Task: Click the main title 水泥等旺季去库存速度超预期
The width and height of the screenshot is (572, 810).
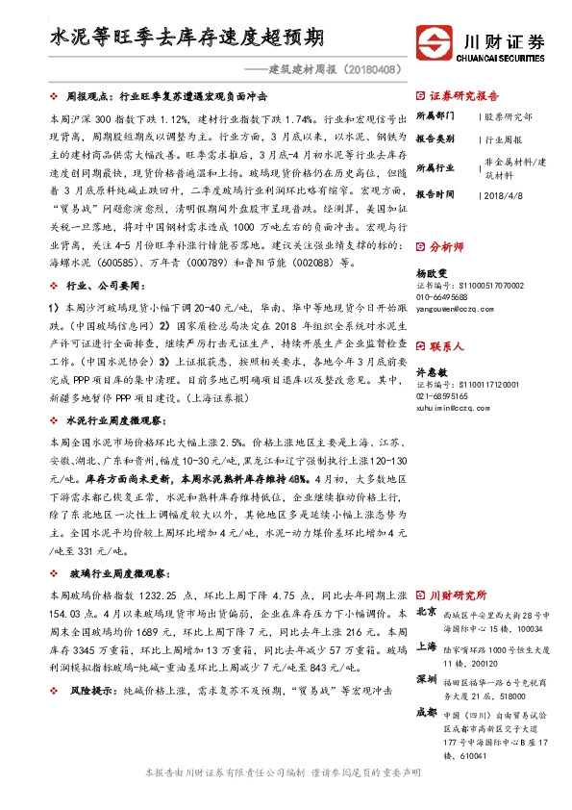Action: coord(187,38)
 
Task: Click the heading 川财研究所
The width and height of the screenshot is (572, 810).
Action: coord(458,595)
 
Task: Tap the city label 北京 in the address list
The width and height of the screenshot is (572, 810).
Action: coord(427,613)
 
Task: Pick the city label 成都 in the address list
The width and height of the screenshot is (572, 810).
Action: coord(427,713)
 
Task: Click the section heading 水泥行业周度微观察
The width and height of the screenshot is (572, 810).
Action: coord(120,421)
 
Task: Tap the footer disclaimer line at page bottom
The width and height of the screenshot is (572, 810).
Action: coord(286,772)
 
